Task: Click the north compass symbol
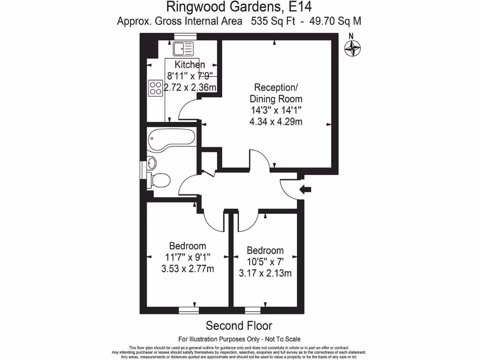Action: click(x=353, y=48)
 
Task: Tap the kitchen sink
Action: click(x=183, y=48)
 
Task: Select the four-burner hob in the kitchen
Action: click(x=155, y=88)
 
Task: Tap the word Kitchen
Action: click(x=190, y=65)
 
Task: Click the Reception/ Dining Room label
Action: click(x=276, y=93)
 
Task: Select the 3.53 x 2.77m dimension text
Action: click(x=187, y=269)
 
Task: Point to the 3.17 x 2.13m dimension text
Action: click(x=265, y=273)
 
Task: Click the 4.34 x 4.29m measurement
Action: click(x=276, y=122)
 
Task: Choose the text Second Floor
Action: click(x=239, y=325)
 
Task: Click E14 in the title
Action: click(x=299, y=7)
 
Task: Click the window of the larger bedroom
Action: click(x=188, y=310)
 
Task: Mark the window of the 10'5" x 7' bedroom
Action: click(x=253, y=310)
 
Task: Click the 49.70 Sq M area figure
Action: click(x=334, y=21)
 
